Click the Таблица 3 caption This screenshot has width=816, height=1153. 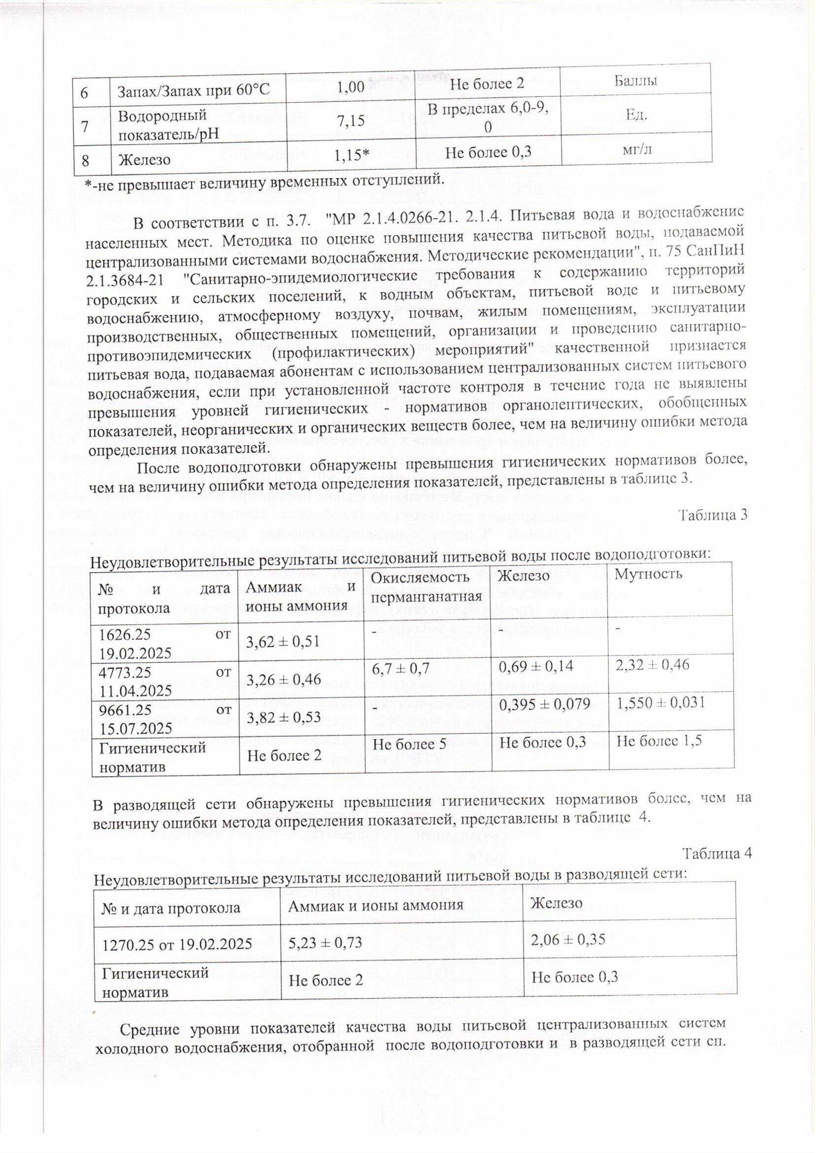713,515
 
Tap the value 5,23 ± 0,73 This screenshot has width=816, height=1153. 325,943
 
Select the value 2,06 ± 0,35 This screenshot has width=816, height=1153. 568,939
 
